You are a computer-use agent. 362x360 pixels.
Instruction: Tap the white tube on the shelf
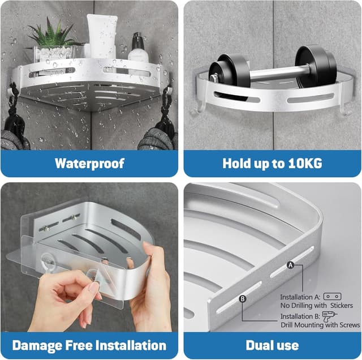pyautogui.click(x=102, y=36)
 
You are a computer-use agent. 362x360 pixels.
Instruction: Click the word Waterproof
pyautogui.click(x=89, y=164)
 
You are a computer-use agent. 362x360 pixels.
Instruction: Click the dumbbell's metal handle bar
pyautogui.click(x=277, y=73)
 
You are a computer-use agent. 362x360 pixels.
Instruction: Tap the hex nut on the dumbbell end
pyautogui.click(x=213, y=78)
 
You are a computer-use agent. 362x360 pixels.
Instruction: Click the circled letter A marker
pyautogui.click(x=290, y=265)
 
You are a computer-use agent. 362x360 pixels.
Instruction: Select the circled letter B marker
pyautogui.click(x=243, y=299)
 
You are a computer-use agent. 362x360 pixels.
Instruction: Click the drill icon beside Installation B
pyautogui.click(x=329, y=316)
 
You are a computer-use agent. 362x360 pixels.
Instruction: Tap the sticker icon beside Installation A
pyautogui.click(x=332, y=296)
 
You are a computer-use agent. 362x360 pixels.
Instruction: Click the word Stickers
pyautogui.click(x=342, y=306)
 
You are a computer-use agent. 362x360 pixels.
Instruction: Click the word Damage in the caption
pyautogui.click(x=37, y=346)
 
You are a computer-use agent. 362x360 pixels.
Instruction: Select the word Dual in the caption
pyautogui.click(x=258, y=345)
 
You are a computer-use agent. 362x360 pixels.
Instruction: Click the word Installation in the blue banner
pyautogui.click(x=131, y=345)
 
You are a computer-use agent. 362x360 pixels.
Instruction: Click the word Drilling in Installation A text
pyautogui.click(x=305, y=306)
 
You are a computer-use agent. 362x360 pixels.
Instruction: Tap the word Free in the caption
pyautogui.click(x=79, y=345)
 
